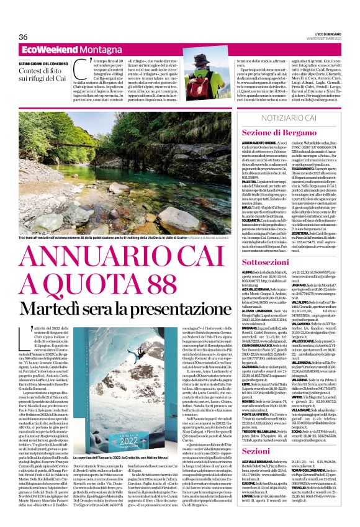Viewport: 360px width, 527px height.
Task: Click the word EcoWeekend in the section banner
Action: click(45, 48)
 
